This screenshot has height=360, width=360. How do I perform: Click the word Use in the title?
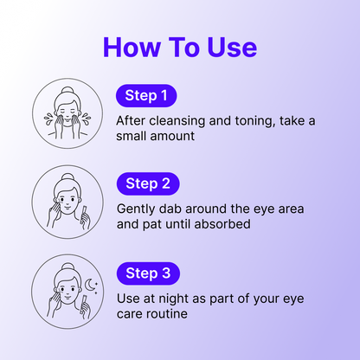click(x=232, y=47)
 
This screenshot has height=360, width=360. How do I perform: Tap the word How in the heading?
click(x=132, y=47)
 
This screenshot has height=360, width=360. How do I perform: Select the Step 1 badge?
click(x=146, y=96)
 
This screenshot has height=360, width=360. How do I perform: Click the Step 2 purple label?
click(x=148, y=183)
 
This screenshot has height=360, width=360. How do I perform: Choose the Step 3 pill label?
click(x=148, y=273)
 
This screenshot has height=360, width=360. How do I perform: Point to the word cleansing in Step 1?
click(x=177, y=121)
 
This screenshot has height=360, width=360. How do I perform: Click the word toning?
click(x=254, y=121)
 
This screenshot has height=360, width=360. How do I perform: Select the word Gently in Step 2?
click(x=136, y=209)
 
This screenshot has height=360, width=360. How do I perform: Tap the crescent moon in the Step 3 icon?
click(x=89, y=285)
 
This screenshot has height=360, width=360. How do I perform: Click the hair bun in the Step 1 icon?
click(x=67, y=91)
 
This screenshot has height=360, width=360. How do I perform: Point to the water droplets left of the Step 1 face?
click(x=48, y=119)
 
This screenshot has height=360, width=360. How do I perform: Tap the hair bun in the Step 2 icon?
click(x=67, y=177)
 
